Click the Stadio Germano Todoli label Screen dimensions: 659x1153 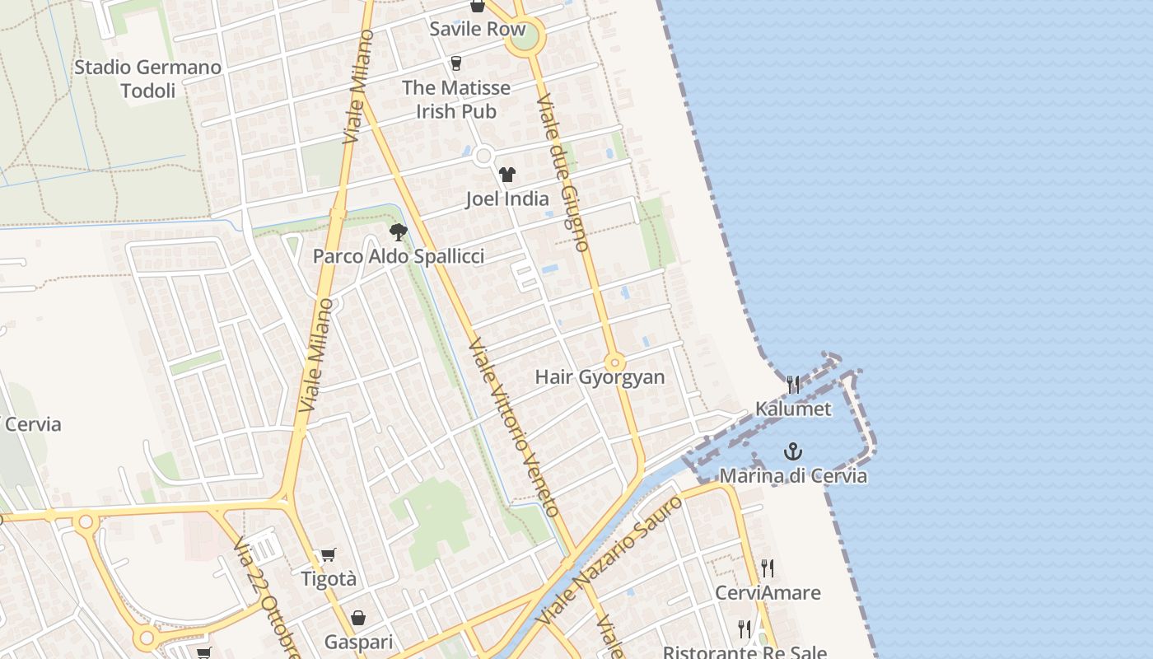click(x=148, y=78)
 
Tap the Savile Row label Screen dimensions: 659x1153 click(x=477, y=29)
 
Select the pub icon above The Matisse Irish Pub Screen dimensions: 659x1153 click(x=456, y=63)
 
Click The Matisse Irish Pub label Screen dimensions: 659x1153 click(x=456, y=99)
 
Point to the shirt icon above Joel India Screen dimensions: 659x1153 click(x=506, y=175)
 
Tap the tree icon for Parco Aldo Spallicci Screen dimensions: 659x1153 click(x=399, y=232)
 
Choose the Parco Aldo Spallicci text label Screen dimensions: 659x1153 click(x=399, y=256)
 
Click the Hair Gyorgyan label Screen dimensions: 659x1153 click(x=600, y=377)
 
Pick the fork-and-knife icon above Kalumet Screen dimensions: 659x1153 click(x=793, y=384)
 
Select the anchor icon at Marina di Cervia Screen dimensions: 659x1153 click(x=793, y=451)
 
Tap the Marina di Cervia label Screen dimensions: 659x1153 click(x=793, y=475)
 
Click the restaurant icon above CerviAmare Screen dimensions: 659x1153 click(x=768, y=568)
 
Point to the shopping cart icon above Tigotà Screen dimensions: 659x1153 click(x=329, y=555)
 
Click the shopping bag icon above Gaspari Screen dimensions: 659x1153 click(x=358, y=618)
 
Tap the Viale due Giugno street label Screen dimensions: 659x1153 click(x=562, y=172)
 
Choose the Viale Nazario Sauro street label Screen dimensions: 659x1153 click(x=609, y=560)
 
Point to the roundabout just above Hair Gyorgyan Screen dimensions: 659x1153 click(x=614, y=362)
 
